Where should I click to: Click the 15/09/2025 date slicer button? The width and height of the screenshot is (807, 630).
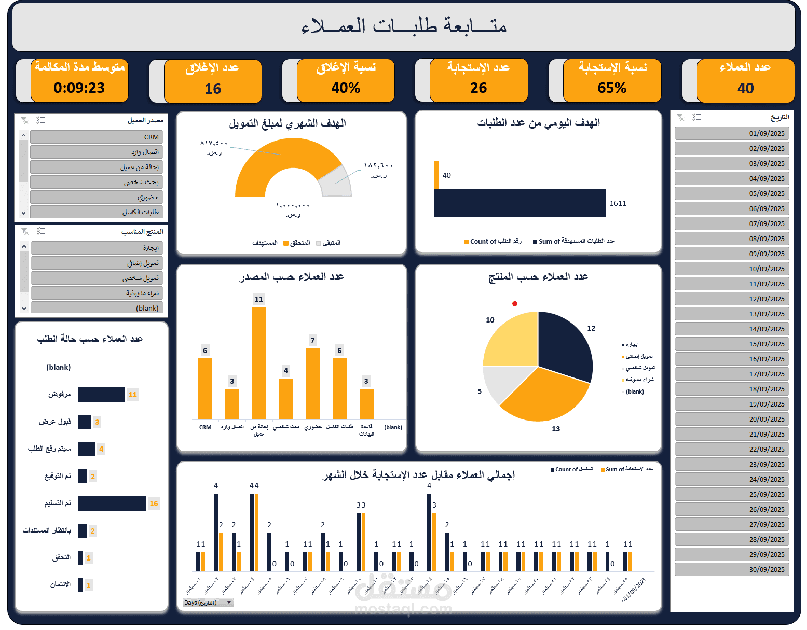coord(731,344)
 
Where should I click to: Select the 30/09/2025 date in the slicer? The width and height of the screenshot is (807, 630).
coord(731,569)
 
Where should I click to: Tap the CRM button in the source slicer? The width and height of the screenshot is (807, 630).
coord(97,137)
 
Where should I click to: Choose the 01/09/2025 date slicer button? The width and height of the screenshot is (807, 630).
coord(731,133)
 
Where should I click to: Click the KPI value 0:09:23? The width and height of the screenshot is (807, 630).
coord(79,88)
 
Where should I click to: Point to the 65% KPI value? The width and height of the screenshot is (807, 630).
coord(612,88)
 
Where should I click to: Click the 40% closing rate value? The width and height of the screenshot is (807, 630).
coord(346,88)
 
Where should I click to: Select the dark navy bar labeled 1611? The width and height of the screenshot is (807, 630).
coord(519,203)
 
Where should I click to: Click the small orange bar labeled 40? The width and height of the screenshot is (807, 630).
coord(436,175)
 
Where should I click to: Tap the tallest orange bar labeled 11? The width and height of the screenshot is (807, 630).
coord(259,363)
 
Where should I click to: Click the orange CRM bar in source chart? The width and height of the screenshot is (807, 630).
coord(205,389)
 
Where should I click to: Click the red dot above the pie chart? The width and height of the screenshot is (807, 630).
coord(515,304)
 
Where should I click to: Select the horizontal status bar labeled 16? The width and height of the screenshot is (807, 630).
coord(112,503)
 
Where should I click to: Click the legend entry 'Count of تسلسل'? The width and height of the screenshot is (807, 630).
coord(571,469)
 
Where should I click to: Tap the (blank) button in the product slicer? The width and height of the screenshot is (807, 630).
coord(97,308)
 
